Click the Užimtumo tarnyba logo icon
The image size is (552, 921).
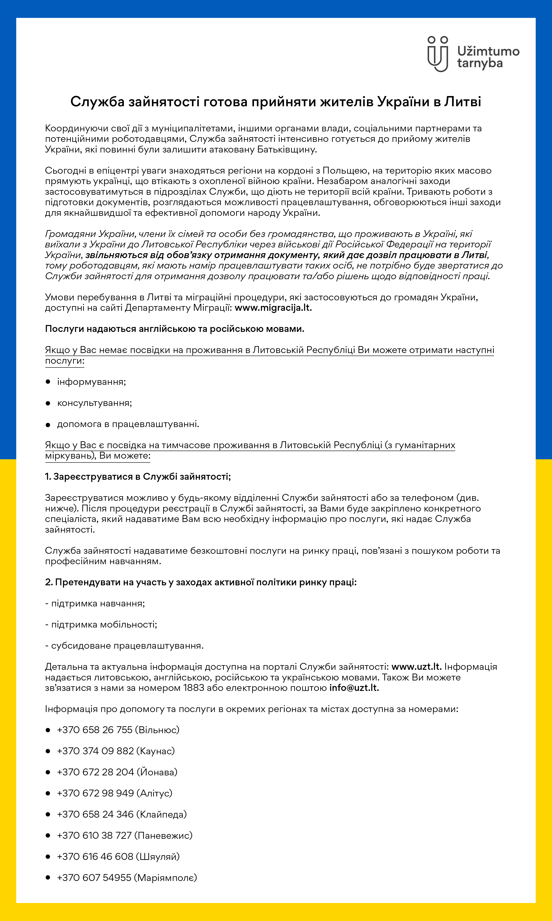[438, 54]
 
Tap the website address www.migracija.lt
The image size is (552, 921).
[273, 308]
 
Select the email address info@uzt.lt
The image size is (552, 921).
[354, 688]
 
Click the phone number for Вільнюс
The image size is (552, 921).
[95, 730]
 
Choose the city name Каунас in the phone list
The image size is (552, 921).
[155, 751]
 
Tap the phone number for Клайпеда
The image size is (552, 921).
[95, 814]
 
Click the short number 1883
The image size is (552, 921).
[194, 688]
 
